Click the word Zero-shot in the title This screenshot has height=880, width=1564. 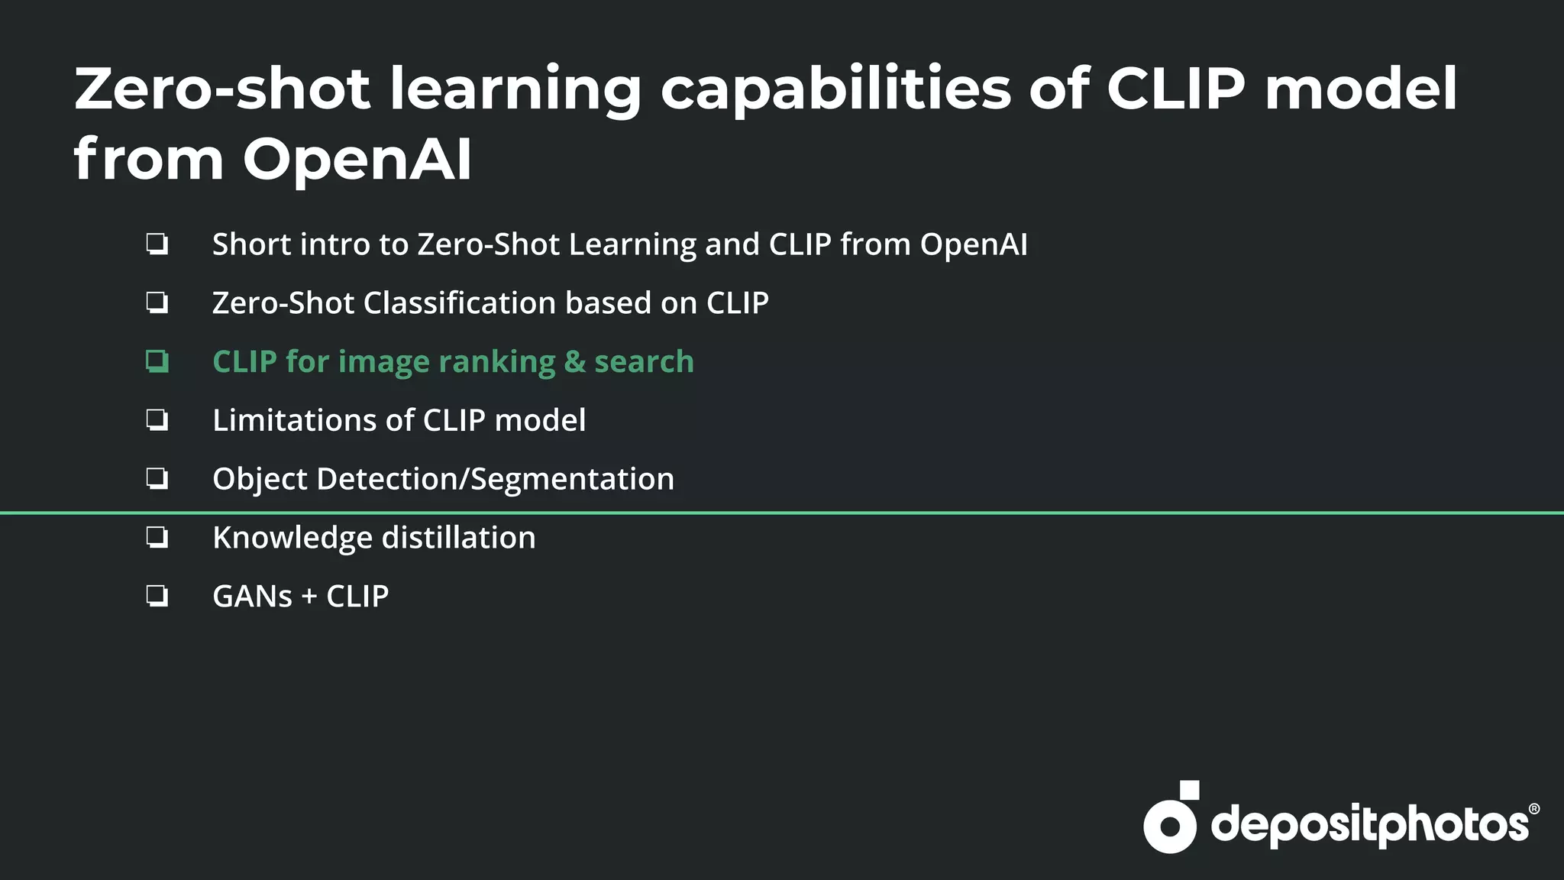(222, 89)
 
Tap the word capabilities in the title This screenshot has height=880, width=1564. (835, 90)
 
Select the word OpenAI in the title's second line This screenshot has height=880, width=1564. (357, 160)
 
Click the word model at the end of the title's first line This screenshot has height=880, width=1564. (1361, 89)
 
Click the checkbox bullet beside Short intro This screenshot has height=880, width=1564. (157, 244)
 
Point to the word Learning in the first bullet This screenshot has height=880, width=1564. (632, 245)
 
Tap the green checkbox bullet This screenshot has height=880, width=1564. (157, 361)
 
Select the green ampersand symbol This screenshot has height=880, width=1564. (574, 362)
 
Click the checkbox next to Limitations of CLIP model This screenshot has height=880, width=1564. (157, 420)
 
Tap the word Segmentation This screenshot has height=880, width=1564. (572, 480)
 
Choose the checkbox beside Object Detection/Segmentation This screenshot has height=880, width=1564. (157, 479)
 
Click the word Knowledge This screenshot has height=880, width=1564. (292, 539)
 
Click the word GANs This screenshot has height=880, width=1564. (252, 597)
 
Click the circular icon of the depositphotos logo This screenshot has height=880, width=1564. (1169, 825)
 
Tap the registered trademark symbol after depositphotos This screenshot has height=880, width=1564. (1533, 809)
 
